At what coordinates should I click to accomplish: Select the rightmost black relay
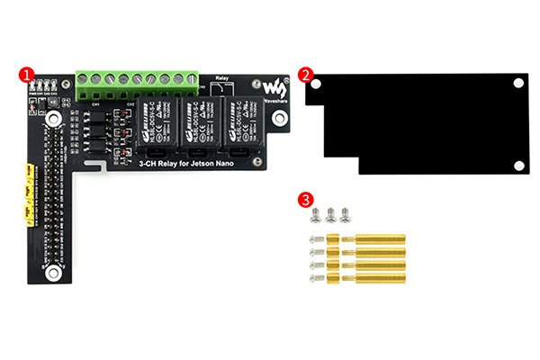point(238,123)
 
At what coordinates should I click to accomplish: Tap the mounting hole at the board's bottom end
point(57,272)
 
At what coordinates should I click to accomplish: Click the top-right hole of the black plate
point(518,84)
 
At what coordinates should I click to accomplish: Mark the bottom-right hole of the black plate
point(518,165)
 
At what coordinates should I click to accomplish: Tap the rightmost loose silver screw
point(345,214)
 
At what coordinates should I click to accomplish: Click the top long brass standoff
point(379,240)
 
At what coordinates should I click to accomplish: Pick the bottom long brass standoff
point(379,278)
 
